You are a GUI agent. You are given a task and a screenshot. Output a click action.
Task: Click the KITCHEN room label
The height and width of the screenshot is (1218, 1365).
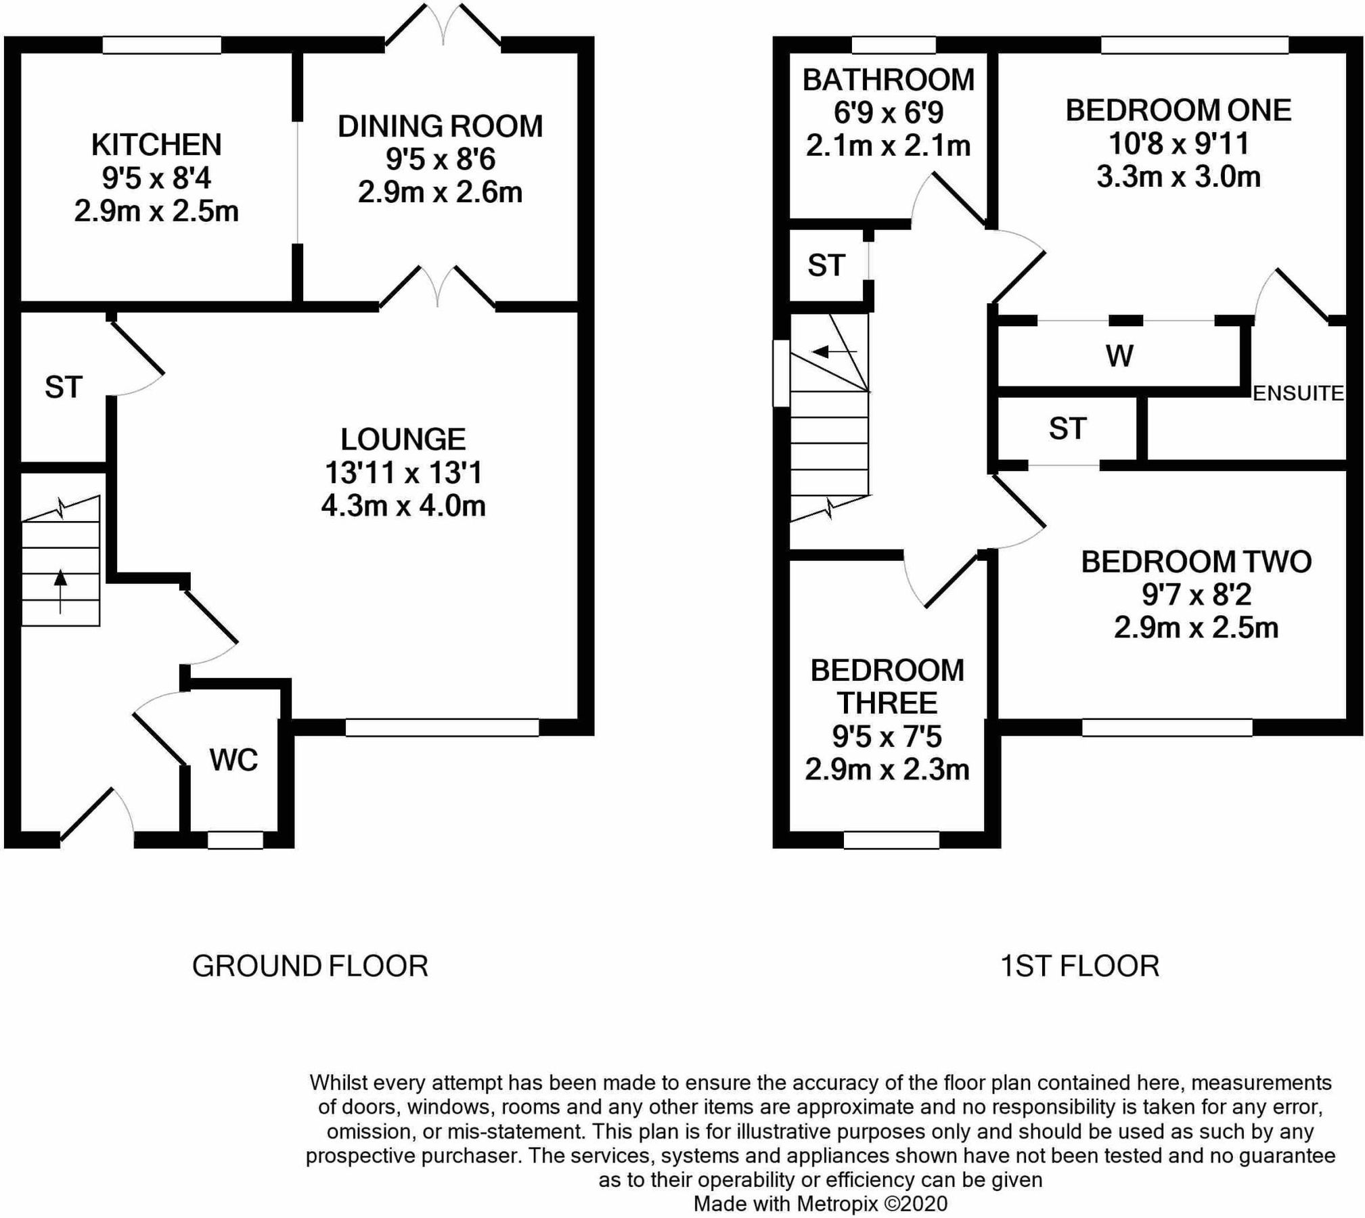pyautogui.click(x=156, y=145)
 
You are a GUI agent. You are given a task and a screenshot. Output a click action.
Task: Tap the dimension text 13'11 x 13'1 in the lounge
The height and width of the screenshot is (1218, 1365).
pyautogui.click(x=403, y=472)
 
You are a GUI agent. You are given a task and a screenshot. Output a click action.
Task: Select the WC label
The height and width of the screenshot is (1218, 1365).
pyautogui.click(x=233, y=760)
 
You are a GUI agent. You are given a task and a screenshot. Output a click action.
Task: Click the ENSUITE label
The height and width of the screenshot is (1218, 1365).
pyautogui.click(x=1297, y=393)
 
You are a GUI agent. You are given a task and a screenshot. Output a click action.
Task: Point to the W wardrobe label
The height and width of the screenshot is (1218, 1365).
pyautogui.click(x=1119, y=356)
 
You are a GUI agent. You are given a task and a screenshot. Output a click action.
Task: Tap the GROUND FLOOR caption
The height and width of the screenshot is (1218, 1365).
pyautogui.click(x=310, y=966)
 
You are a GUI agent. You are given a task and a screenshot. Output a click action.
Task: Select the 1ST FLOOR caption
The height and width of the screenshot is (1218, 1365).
pyautogui.click(x=1079, y=966)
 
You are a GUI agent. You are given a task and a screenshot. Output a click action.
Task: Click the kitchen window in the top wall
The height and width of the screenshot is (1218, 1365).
pyautogui.click(x=162, y=45)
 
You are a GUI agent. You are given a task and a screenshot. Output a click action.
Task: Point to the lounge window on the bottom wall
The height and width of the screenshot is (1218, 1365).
pyautogui.click(x=442, y=727)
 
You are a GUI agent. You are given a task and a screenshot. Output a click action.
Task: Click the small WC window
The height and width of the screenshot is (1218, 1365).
pyautogui.click(x=235, y=840)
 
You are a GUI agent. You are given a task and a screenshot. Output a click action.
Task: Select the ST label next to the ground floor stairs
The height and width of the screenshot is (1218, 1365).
pyautogui.click(x=63, y=387)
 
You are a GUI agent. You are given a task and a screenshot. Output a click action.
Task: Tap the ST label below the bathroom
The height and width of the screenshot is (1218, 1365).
pyautogui.click(x=826, y=265)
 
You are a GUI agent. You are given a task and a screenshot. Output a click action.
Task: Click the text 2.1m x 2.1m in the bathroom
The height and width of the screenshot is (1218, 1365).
pyautogui.click(x=888, y=145)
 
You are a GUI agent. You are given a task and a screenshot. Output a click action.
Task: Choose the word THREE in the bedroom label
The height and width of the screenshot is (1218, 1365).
pyautogui.click(x=887, y=703)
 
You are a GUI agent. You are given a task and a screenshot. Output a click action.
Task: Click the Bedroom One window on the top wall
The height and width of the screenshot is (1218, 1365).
pyautogui.click(x=1194, y=45)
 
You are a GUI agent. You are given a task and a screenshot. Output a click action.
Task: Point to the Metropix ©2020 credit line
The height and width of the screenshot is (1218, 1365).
pyautogui.click(x=820, y=1204)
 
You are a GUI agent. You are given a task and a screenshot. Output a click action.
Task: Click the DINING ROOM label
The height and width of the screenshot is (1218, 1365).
pyautogui.click(x=440, y=127)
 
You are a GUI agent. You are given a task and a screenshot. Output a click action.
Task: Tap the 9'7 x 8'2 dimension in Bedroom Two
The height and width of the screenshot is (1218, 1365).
pyautogui.click(x=1196, y=594)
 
